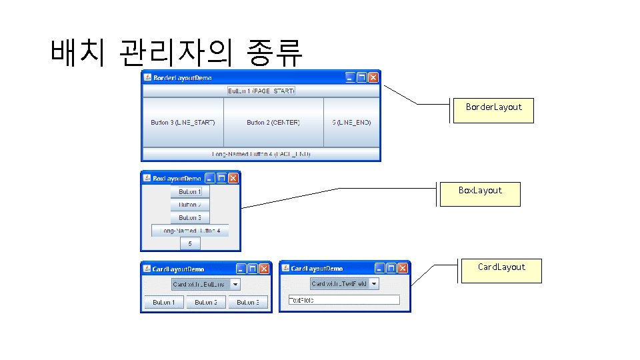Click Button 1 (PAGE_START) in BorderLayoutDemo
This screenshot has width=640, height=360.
point(261,91)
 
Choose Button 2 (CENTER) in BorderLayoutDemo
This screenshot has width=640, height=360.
point(273,123)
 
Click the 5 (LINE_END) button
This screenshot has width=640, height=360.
point(351,123)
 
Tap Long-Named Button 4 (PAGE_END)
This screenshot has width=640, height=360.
point(261,154)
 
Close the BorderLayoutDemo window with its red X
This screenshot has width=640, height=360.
point(373,78)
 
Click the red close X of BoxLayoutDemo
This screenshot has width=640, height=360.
point(233,178)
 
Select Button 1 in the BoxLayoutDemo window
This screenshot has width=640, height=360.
point(189,192)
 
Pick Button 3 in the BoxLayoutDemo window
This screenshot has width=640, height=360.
point(189,217)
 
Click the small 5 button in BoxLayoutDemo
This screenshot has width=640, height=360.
point(189,244)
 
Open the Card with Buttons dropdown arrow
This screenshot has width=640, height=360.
point(235,284)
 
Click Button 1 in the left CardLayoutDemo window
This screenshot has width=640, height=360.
point(164,303)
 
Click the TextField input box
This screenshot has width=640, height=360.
point(343,300)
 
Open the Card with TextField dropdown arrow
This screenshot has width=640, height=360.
point(374,284)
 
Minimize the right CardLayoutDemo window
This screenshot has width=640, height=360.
point(379,269)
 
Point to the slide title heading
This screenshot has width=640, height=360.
point(176,52)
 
